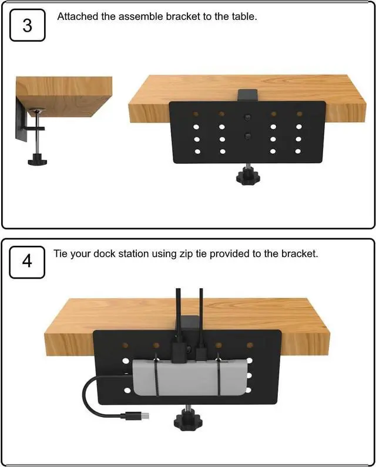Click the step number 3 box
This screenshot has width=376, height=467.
click(x=28, y=25)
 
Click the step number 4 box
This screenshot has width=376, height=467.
click(x=27, y=262)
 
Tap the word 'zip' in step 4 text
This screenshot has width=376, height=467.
click(x=186, y=254)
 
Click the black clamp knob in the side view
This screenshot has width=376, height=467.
click(x=38, y=160)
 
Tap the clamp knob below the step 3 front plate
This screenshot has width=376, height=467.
click(x=248, y=177)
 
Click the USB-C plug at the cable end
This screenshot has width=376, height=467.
click(x=137, y=415)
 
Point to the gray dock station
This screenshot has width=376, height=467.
click(x=190, y=377)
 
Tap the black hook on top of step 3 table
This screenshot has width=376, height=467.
click(x=248, y=94)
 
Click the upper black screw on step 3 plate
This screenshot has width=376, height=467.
click(x=247, y=117)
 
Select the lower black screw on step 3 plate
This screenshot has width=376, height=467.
click(x=247, y=137)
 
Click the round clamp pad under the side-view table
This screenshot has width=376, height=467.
click(x=37, y=111)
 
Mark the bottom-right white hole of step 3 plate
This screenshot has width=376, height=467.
click(x=298, y=151)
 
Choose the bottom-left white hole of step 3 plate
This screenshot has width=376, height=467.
click(x=197, y=151)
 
